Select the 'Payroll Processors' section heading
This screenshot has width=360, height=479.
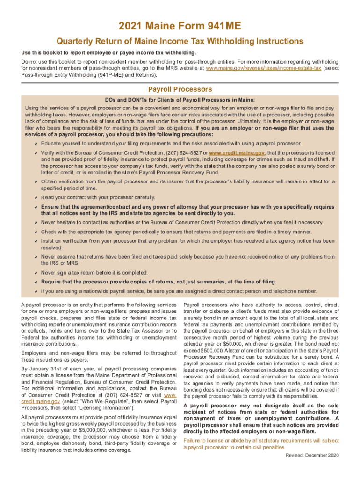click(180, 89)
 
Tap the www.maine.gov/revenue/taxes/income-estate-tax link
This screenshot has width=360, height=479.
click(263, 68)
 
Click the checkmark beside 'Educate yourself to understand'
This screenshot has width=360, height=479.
click(36, 143)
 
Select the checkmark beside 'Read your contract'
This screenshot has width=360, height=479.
click(36, 197)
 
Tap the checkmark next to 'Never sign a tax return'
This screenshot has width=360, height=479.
click(36, 273)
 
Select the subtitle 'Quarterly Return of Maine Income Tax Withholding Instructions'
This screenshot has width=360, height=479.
click(180, 41)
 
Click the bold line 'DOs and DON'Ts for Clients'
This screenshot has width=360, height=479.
click(180, 100)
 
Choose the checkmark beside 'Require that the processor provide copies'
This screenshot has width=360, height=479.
click(36, 282)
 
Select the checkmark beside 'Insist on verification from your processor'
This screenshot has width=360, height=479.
click(36, 241)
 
